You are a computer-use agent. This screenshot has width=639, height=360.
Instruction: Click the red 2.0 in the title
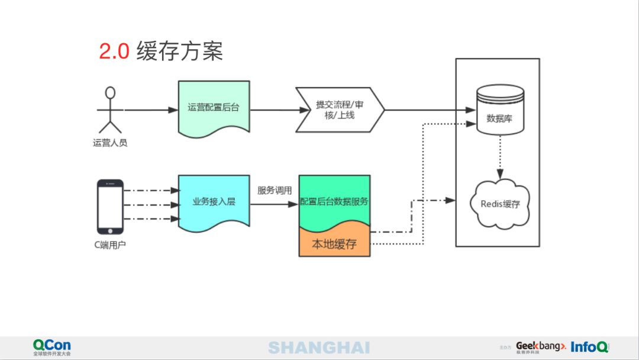click(x=114, y=52)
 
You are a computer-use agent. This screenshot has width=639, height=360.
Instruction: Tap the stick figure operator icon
click(x=110, y=110)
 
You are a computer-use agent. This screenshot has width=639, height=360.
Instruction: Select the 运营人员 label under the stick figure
click(x=110, y=143)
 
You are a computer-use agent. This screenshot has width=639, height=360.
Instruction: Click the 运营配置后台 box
click(x=214, y=108)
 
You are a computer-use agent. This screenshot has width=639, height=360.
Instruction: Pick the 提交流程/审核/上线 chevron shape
click(x=340, y=110)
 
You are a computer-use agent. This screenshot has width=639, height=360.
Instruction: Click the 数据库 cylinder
click(x=500, y=110)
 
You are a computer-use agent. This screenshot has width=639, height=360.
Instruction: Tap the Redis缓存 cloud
click(x=500, y=204)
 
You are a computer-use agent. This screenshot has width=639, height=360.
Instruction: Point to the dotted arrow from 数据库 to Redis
click(x=500, y=157)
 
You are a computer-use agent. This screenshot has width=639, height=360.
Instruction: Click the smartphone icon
click(x=110, y=207)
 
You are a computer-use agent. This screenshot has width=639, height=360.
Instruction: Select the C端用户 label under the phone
click(x=110, y=245)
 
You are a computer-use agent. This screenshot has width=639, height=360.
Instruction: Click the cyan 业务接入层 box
click(x=214, y=202)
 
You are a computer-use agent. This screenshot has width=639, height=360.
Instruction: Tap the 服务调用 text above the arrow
click(x=275, y=191)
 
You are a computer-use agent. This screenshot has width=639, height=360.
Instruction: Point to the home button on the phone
click(x=110, y=231)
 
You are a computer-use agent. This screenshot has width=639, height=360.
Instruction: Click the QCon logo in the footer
click(x=51, y=348)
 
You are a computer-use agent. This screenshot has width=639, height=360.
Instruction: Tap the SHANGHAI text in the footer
click(x=319, y=348)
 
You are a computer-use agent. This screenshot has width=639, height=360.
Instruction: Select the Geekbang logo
click(x=541, y=348)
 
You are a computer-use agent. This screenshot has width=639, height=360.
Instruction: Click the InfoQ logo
click(x=590, y=347)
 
